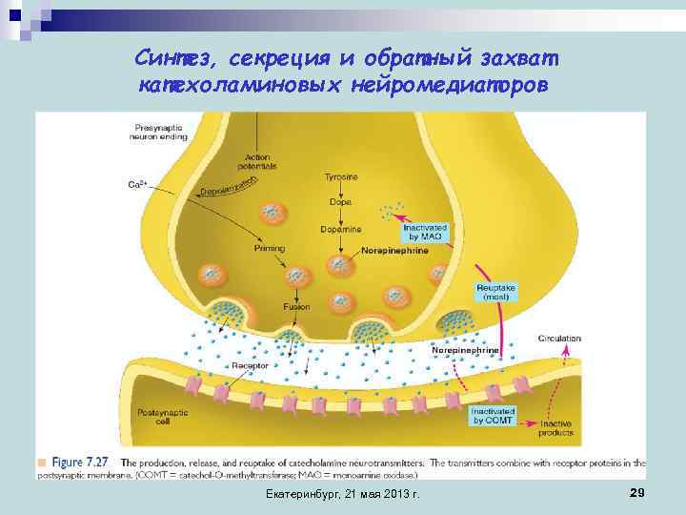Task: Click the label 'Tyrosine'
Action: click(341, 177)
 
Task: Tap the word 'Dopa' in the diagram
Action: click(340, 201)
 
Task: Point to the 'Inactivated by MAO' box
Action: click(420, 231)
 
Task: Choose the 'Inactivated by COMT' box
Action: click(493, 415)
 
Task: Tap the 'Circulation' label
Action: click(559, 338)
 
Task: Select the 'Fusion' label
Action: click(295, 307)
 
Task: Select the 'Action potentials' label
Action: click(260, 161)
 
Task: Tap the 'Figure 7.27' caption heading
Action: click(81, 463)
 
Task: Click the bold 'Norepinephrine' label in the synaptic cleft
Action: click(465, 351)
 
